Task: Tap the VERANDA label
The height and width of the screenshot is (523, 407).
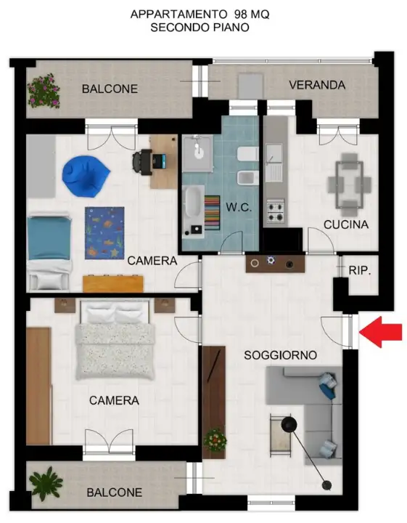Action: coord(317,85)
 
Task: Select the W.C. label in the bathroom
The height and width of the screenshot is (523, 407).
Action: coord(239,207)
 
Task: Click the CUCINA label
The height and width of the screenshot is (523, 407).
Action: coord(346,224)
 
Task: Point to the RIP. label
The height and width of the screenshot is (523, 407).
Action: coord(360,270)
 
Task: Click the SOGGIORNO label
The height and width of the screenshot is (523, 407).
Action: coord(281,355)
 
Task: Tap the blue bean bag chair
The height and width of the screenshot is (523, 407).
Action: coord(86,177)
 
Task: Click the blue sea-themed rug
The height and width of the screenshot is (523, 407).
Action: coord(104,233)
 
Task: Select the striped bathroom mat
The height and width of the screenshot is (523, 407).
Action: coord(212,213)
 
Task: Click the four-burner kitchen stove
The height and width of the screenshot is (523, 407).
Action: coord(276,211)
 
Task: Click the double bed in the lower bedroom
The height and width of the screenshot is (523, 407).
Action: coord(115,339)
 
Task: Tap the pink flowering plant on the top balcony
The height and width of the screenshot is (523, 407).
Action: coord(44,91)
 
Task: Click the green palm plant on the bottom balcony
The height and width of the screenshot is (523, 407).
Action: coord(46,483)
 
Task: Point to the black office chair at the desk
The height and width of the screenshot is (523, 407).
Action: coord(142,163)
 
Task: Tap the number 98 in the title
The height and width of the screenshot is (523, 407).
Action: coord(240,15)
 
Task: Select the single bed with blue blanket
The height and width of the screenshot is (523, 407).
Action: coord(49,253)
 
